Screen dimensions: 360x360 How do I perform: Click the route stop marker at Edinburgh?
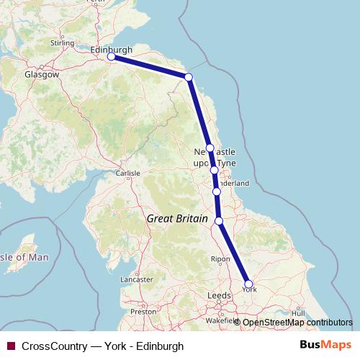coord(111,56)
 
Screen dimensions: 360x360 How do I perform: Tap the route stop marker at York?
coord(249,284)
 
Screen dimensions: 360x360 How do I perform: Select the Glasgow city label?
coord(41,74)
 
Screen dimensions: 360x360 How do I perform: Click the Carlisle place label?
coord(128,174)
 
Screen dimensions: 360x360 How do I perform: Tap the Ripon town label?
coord(220,258)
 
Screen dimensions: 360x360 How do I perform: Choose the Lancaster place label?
coord(136,279)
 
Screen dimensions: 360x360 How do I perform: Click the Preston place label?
coord(143,312)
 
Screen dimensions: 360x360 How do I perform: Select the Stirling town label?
coord(63,43)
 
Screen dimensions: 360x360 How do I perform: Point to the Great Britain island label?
coord(176,218)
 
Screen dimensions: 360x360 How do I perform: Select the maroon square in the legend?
coord(10,346)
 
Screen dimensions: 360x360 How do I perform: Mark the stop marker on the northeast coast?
coord(189,77)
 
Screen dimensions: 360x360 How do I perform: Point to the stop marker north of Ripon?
coord(219,221)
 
